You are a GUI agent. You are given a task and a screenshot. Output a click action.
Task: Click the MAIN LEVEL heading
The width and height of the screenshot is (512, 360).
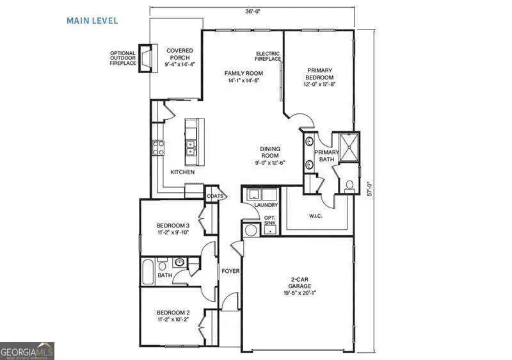click(92, 20)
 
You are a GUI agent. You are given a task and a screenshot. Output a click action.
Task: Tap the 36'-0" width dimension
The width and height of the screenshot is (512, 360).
click(252, 10)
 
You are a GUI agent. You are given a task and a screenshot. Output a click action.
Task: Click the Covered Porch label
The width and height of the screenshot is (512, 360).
click(179, 55)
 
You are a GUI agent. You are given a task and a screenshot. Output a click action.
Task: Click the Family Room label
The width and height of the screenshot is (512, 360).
click(243, 77)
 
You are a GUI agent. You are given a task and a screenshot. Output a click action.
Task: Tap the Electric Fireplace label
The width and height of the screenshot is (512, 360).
click(268, 56)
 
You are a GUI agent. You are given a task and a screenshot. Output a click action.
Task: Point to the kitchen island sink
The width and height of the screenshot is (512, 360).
click(190, 148)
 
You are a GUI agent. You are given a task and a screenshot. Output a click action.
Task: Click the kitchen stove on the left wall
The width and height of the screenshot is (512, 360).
click(157, 149)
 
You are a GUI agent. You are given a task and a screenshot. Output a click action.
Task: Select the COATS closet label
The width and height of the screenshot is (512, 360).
click(213, 197)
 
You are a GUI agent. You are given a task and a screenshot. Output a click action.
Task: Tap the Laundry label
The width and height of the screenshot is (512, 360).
click(265, 205)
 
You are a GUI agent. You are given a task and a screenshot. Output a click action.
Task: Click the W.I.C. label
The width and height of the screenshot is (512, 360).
click(316, 215)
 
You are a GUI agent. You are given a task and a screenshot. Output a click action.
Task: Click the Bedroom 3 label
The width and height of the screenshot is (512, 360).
click(173, 229)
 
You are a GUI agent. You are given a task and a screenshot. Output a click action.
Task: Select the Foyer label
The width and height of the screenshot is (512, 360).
click(230, 271)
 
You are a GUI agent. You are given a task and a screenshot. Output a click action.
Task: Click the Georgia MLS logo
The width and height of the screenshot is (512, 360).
click(27, 351)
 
